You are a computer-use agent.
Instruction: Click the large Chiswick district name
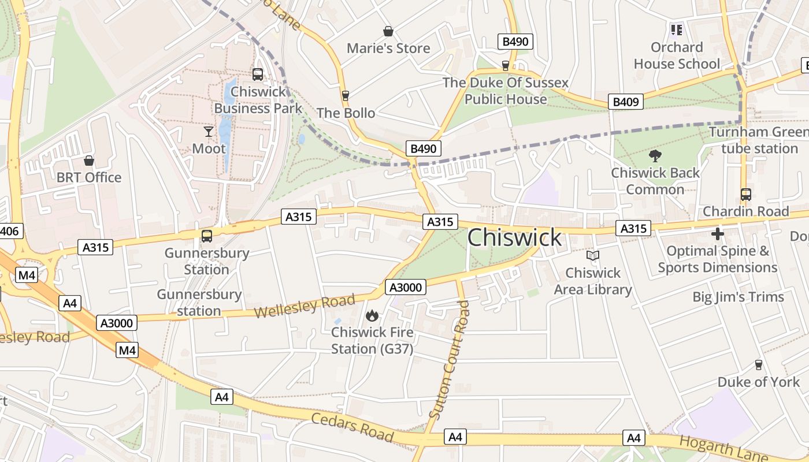click(514, 237)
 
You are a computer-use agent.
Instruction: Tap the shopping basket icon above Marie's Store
click(388, 31)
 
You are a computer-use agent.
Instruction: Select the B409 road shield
click(626, 102)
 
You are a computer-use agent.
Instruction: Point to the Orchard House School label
click(677, 55)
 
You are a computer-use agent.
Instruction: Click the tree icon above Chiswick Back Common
click(655, 155)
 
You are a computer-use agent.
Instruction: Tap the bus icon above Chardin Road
click(746, 195)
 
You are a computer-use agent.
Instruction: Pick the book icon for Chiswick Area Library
click(593, 256)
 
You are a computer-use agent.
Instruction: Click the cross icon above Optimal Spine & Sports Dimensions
click(718, 234)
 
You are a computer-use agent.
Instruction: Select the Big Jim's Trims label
click(739, 297)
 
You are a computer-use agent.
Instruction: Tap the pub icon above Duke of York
click(759, 365)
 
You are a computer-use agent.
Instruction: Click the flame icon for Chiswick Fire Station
click(372, 315)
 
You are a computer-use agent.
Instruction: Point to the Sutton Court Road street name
click(451, 358)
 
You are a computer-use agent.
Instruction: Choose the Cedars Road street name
click(352, 427)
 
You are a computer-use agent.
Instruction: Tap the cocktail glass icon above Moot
click(209, 132)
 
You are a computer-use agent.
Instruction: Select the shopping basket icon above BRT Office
click(89, 161)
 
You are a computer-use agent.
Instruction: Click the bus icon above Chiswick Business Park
click(258, 74)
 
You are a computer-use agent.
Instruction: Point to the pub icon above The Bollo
click(346, 95)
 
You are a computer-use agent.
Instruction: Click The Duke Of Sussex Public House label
click(506, 91)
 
